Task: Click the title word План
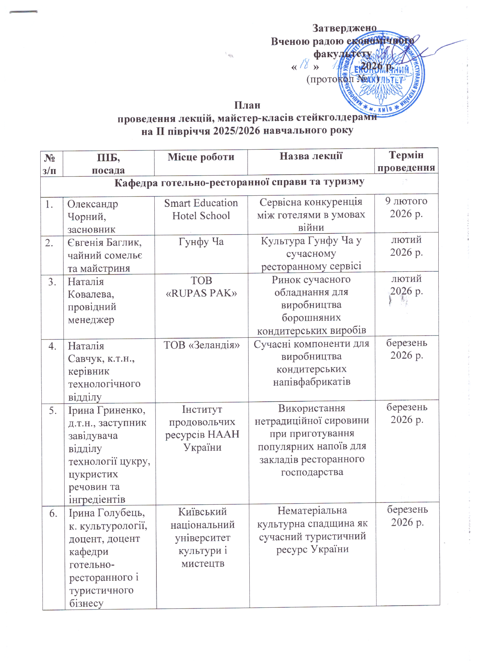pos(247,105)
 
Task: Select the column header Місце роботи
pos(201,157)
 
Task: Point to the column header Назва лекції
pos(311,156)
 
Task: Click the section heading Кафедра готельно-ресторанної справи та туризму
pos(239,182)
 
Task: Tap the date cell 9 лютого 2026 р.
pos(406,207)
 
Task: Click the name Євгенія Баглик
pos(104,243)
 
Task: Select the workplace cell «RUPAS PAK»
pos(202,293)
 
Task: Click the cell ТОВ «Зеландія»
pos(202,345)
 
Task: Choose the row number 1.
pos(49,204)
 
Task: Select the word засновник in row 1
pos(91,229)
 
